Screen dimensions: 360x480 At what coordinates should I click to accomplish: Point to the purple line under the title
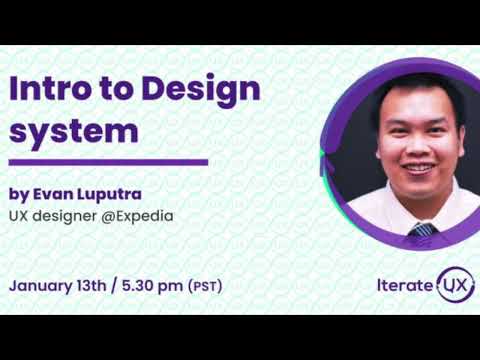[x=108, y=161]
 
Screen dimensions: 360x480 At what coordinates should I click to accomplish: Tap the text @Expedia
[x=149, y=214]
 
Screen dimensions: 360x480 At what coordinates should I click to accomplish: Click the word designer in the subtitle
[x=70, y=214]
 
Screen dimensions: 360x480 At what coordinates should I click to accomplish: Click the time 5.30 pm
[x=151, y=285]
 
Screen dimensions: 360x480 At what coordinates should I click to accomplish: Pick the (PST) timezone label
[x=205, y=286]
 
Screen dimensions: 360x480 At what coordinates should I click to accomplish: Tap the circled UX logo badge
[x=455, y=284]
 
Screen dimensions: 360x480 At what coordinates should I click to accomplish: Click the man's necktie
[x=423, y=229]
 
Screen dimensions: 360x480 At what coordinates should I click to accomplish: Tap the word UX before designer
[x=20, y=214]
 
